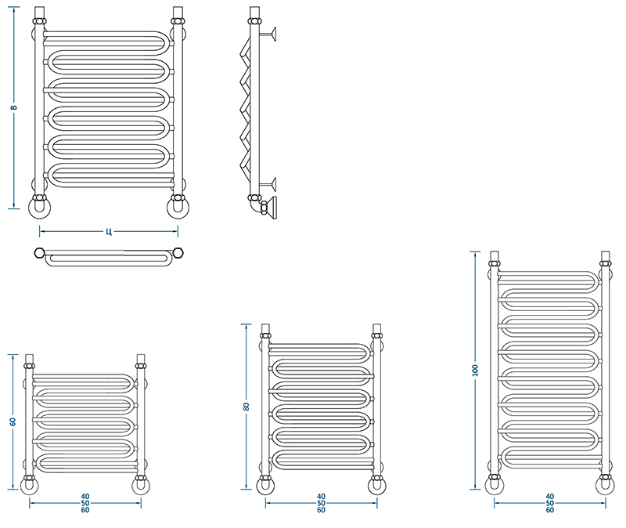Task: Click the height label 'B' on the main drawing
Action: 13,107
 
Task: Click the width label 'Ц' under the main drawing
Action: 109,231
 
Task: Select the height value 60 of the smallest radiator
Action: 13,421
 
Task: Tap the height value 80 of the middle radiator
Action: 246,407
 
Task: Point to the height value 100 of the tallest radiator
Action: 475,370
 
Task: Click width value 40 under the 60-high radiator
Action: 85,497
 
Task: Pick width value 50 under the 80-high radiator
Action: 321,503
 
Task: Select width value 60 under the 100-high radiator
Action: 550,510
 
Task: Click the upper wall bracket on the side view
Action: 268,34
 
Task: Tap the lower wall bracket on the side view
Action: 268,184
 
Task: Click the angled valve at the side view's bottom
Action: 268,208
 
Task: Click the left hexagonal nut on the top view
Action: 39,253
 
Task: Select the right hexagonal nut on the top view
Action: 178,253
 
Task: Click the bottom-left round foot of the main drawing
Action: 40,208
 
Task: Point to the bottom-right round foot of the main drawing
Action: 178,208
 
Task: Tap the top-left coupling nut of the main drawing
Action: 40,21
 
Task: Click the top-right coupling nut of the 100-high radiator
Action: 605,263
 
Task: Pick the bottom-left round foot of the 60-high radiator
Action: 30,486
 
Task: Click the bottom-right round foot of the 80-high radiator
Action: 377,486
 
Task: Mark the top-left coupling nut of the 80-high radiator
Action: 265,335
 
